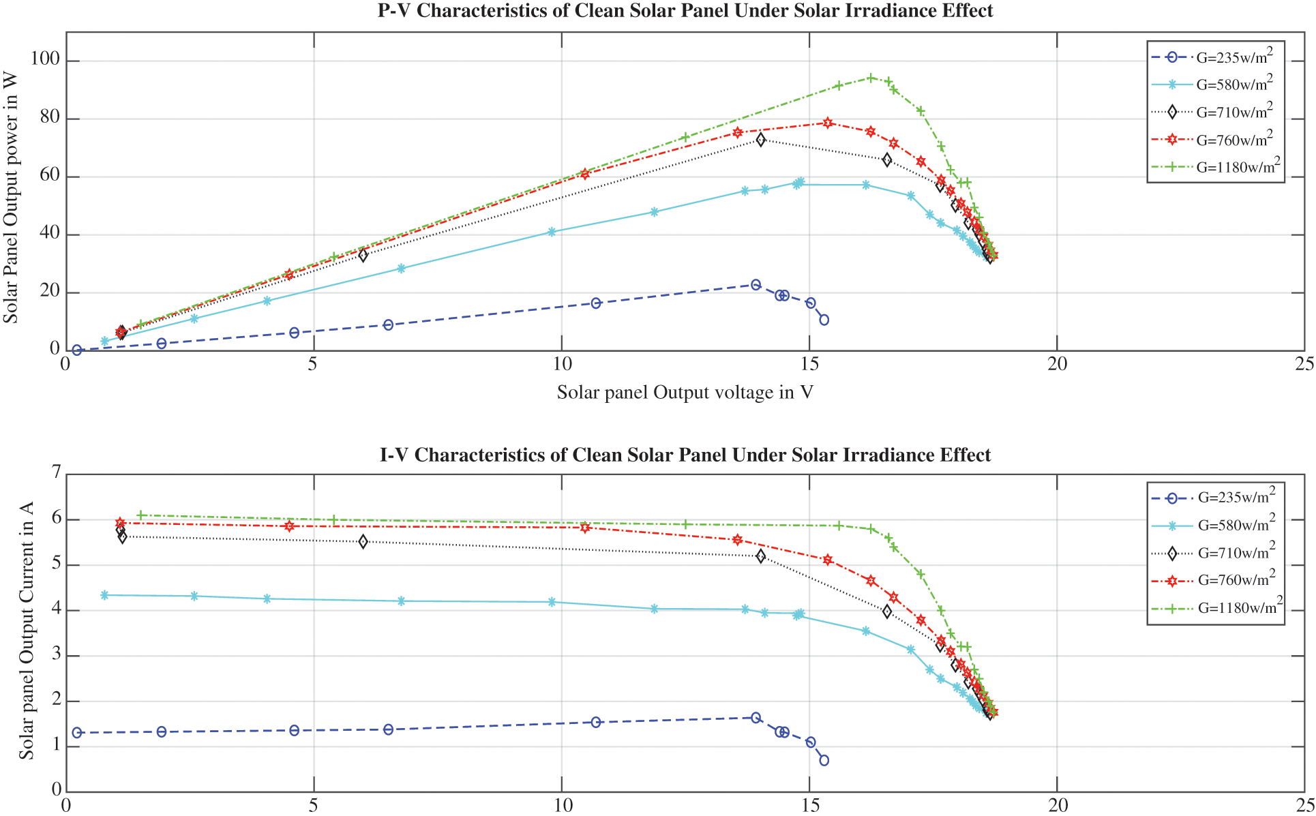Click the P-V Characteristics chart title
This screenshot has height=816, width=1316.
(x=685, y=11)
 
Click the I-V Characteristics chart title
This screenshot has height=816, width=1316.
(x=685, y=455)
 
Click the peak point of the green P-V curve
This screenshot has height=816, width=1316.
(x=871, y=78)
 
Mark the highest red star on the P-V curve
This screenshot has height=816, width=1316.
(x=828, y=123)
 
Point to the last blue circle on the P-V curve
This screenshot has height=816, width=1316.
(x=824, y=320)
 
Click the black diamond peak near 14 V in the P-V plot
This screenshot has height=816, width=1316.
(x=761, y=140)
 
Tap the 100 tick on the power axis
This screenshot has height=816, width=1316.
(x=45, y=61)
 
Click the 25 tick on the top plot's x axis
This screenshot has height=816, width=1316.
(x=1304, y=364)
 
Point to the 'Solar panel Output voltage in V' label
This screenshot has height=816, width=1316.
(x=685, y=393)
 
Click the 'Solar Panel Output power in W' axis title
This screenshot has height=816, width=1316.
(x=11, y=198)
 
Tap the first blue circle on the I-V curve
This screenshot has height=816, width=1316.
(x=77, y=733)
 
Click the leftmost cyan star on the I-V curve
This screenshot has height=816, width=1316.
(x=104, y=595)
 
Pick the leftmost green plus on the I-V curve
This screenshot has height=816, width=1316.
(x=140, y=515)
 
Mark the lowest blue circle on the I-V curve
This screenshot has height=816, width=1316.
(x=824, y=760)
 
